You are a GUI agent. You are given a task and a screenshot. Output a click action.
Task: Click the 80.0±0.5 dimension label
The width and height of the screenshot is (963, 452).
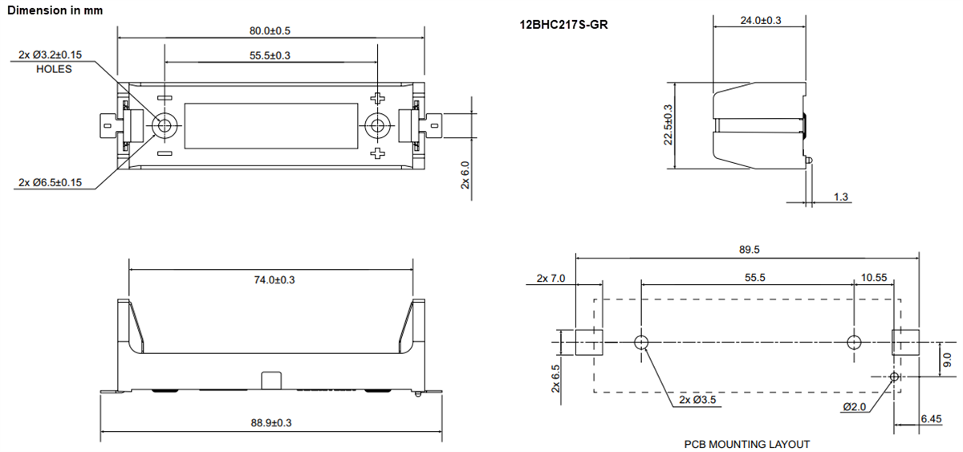click(270, 31)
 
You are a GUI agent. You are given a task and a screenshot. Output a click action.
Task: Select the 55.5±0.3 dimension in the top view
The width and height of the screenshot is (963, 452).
click(270, 55)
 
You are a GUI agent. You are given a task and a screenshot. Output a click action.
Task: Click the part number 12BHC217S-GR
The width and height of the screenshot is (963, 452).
click(563, 25)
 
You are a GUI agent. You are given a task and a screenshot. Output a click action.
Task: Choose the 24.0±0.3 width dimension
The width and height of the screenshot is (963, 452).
click(760, 20)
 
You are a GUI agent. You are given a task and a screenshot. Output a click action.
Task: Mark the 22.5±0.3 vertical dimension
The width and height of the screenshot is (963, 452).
click(668, 124)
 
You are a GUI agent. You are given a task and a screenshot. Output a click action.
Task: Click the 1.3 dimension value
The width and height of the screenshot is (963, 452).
click(841, 197)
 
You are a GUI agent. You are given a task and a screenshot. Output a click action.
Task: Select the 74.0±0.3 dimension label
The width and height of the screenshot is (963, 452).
click(270, 279)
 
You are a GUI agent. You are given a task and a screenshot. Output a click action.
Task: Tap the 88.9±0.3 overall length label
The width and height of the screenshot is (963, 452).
click(270, 423)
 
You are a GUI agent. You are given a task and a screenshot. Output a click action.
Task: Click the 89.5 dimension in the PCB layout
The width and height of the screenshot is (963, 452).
click(748, 250)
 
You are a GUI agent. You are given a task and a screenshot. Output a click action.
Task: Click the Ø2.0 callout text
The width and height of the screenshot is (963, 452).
click(855, 407)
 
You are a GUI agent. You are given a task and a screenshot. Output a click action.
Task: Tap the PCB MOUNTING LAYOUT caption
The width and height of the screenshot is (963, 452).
click(746, 444)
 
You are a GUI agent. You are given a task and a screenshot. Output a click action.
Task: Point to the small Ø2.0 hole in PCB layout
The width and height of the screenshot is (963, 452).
click(895, 376)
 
